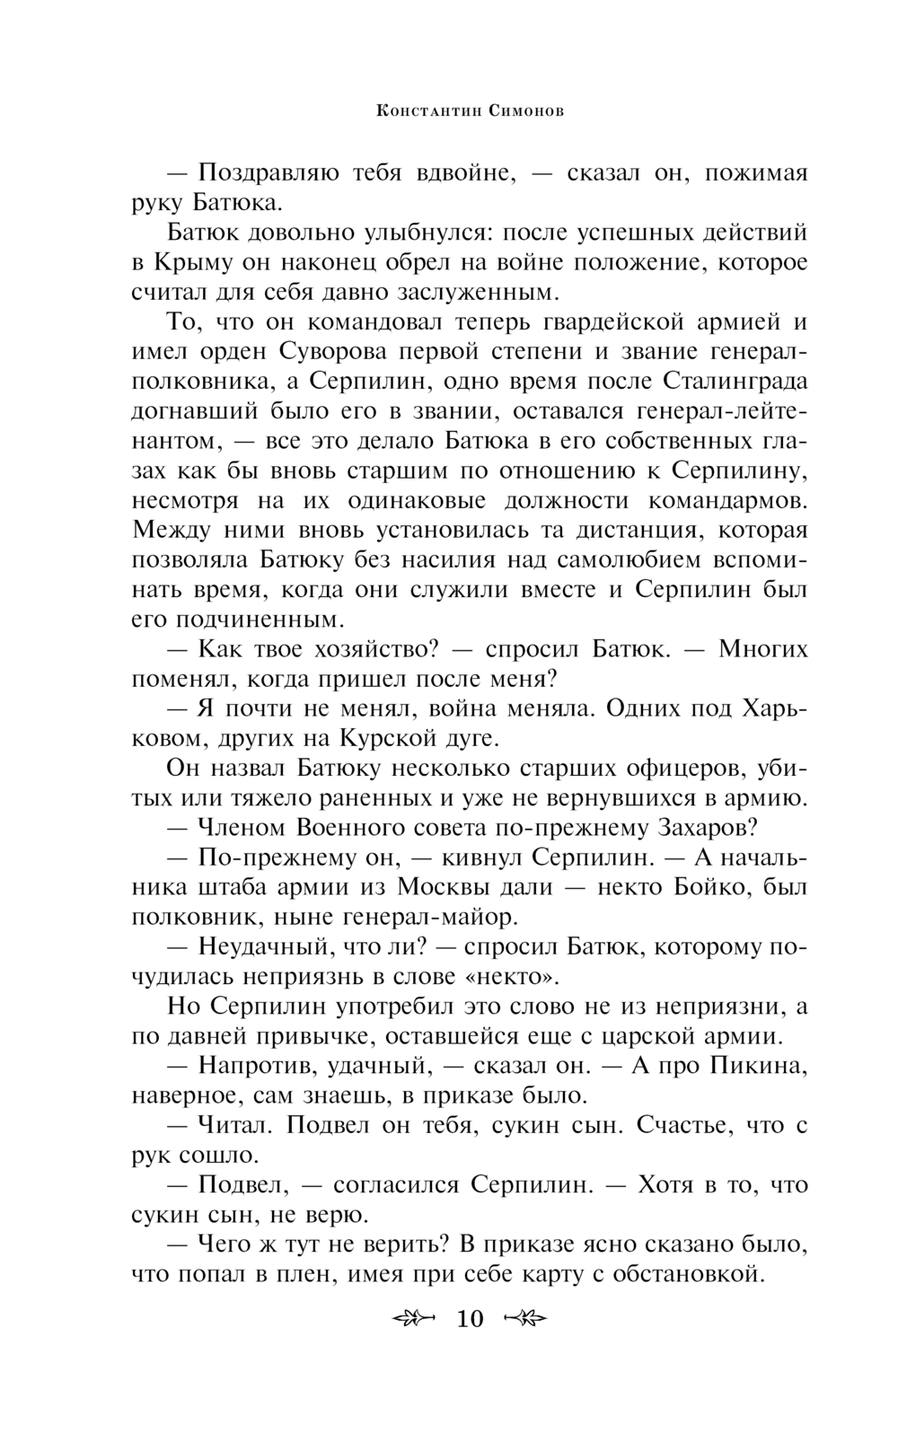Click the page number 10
pyautogui.click(x=470, y=1318)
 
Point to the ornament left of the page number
pyautogui.click(x=414, y=1318)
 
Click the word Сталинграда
pyautogui.click(x=735, y=381)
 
